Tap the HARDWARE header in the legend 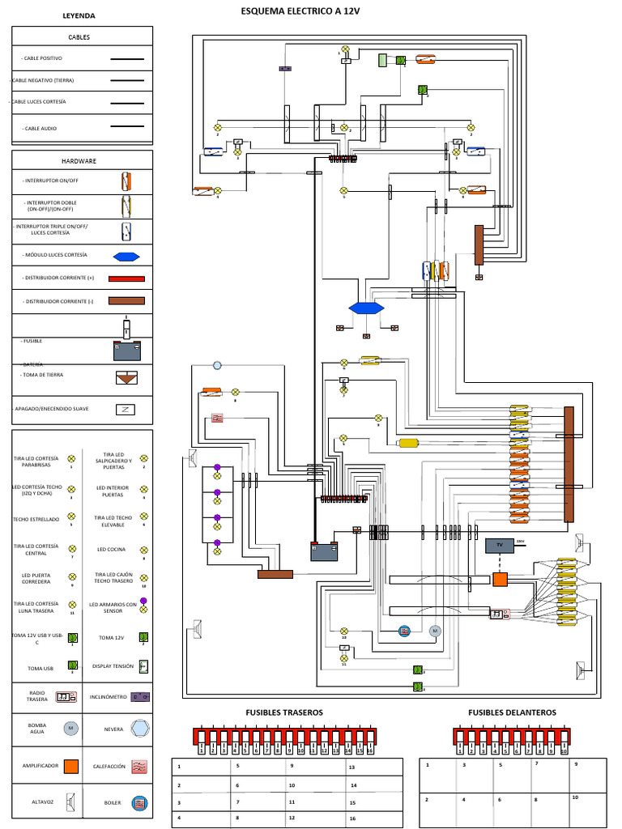[x=82, y=160]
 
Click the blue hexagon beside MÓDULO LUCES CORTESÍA [x=127, y=256]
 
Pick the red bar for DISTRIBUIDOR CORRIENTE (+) [x=127, y=278]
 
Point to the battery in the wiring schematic [x=324, y=551]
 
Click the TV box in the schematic [x=499, y=546]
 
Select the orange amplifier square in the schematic [x=500, y=580]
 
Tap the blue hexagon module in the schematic [x=366, y=308]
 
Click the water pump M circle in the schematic [x=433, y=630]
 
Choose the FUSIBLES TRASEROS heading [x=284, y=712]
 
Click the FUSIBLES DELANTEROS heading [x=512, y=712]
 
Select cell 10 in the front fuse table [x=576, y=797]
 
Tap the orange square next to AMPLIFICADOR [x=71, y=765]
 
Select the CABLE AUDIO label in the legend [x=42, y=128]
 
